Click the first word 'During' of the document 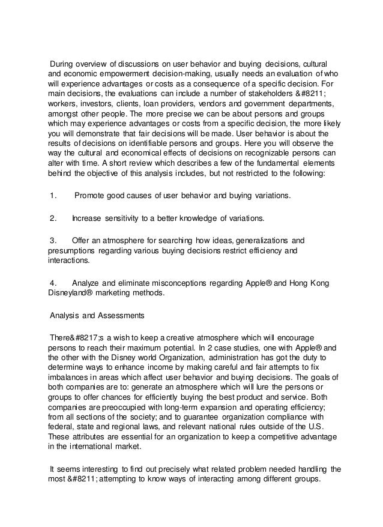click(x=63, y=64)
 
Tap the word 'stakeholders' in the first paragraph click(x=265, y=94)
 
